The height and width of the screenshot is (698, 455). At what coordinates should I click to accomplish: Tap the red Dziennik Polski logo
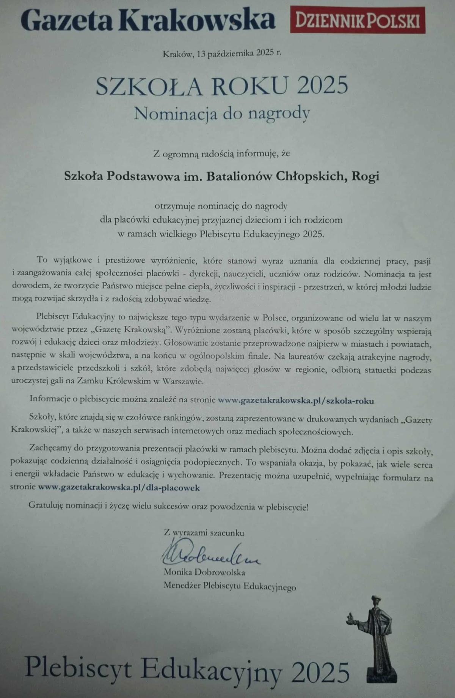pos(357,20)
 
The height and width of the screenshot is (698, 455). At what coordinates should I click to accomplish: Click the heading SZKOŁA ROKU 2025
pos(222,85)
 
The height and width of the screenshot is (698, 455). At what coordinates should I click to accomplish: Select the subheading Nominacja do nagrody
pos(222,113)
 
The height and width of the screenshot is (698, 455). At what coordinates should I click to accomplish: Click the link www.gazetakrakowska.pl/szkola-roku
pos(296,400)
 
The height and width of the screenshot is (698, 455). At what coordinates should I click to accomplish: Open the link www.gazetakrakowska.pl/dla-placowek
pos(119,488)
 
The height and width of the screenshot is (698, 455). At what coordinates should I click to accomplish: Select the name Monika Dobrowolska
pos(204,572)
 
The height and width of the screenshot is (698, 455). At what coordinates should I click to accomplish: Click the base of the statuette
pos(381,676)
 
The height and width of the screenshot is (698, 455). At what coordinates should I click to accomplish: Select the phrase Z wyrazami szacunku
pos(204,532)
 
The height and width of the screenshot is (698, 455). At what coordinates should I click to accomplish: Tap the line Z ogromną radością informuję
pos(222,154)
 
